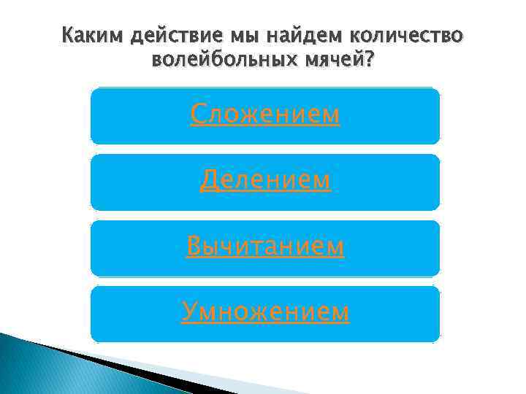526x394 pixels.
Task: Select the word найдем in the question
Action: (x=305, y=37)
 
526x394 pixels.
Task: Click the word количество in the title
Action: (x=405, y=37)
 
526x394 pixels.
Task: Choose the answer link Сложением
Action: (x=264, y=115)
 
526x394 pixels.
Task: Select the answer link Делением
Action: (x=264, y=180)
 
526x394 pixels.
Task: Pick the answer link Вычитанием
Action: (x=264, y=247)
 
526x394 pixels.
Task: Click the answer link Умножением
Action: (x=264, y=312)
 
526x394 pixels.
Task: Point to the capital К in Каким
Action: (x=68, y=37)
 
